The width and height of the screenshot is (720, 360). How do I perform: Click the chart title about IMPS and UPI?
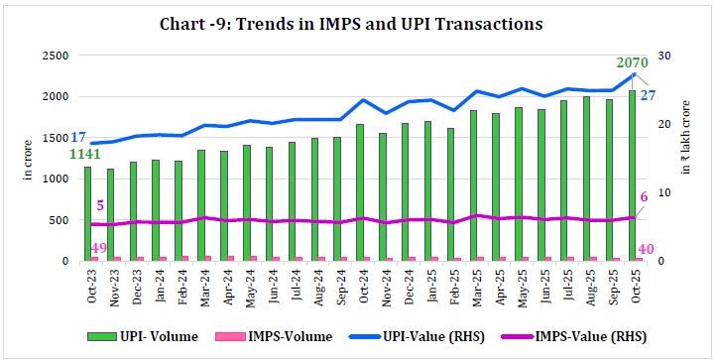tap(359, 21)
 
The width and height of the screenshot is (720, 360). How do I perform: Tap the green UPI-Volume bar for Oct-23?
tap(87, 213)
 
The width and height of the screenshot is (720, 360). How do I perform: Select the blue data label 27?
tap(648, 95)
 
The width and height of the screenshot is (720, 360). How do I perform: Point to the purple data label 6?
tap(645, 199)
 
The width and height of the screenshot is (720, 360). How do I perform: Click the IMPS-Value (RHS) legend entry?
tap(566, 336)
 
